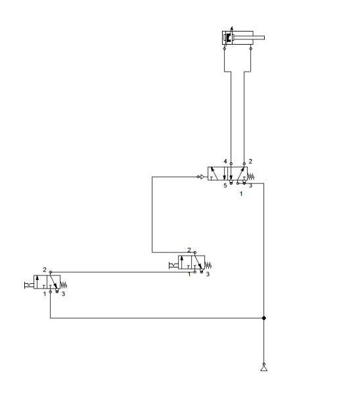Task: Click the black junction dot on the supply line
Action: pyautogui.click(x=263, y=318)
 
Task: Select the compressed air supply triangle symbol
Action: pyautogui.click(x=263, y=368)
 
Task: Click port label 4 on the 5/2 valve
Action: pyautogui.click(x=225, y=162)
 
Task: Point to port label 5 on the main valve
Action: pyautogui.click(x=225, y=186)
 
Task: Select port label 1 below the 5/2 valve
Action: pyautogui.click(x=240, y=193)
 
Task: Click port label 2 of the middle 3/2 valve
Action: pyautogui.click(x=189, y=250)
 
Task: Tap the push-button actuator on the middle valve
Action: pyautogui.click(x=173, y=264)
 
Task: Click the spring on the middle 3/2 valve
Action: pyautogui.click(x=208, y=265)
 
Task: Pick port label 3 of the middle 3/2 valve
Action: pyautogui.click(x=207, y=274)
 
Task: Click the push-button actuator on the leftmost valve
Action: pyautogui.click(x=28, y=284)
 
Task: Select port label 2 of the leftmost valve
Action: pyautogui.click(x=45, y=270)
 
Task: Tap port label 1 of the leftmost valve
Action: pyautogui.click(x=45, y=294)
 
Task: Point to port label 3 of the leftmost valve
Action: pyautogui.click(x=63, y=294)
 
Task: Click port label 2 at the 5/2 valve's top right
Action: pyautogui.click(x=250, y=162)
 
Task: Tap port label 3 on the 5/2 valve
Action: pyautogui.click(x=250, y=186)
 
